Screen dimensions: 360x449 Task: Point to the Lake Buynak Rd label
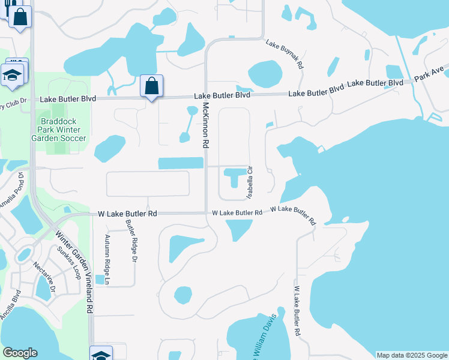(285, 54)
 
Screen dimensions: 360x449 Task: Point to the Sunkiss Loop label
(68, 262)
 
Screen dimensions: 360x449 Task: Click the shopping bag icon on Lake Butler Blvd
(152, 86)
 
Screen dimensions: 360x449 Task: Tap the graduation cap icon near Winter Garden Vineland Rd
(100, 354)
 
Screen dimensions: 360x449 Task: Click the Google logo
(20, 353)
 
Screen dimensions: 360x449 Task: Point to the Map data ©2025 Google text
(412, 355)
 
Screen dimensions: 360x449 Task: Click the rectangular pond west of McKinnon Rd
(180, 163)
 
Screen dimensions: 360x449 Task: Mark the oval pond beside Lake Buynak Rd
(265, 74)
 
